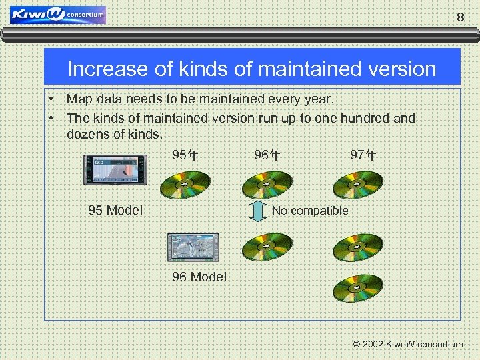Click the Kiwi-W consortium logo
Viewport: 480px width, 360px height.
coord(58,15)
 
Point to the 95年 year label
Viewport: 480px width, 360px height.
coord(185,155)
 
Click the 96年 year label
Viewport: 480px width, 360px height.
coord(267,155)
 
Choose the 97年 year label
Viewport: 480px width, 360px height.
coord(364,155)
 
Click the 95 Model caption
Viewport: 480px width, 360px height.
coord(115,211)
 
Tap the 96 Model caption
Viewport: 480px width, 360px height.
coord(199,277)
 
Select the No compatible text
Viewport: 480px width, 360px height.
coord(310,211)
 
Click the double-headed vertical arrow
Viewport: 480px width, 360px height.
coord(257,211)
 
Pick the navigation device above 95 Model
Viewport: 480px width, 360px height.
coord(115,170)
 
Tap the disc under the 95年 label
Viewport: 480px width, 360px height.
coord(185,184)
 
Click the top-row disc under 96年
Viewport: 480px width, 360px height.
coord(267,184)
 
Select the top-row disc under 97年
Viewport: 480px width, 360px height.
coord(358,184)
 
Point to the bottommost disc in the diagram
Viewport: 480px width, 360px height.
coord(358,287)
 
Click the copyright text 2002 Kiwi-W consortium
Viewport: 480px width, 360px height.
coord(407,345)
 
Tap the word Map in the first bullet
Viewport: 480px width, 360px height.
coord(79,99)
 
